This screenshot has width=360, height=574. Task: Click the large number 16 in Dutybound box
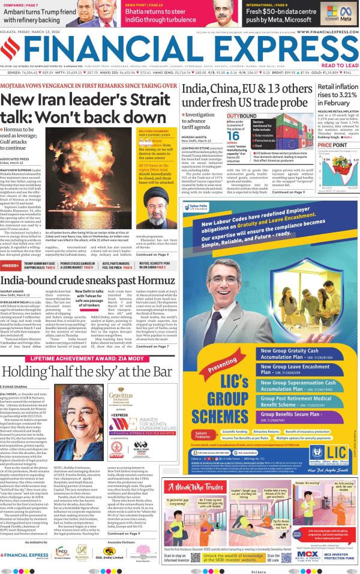[x=233, y=136]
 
